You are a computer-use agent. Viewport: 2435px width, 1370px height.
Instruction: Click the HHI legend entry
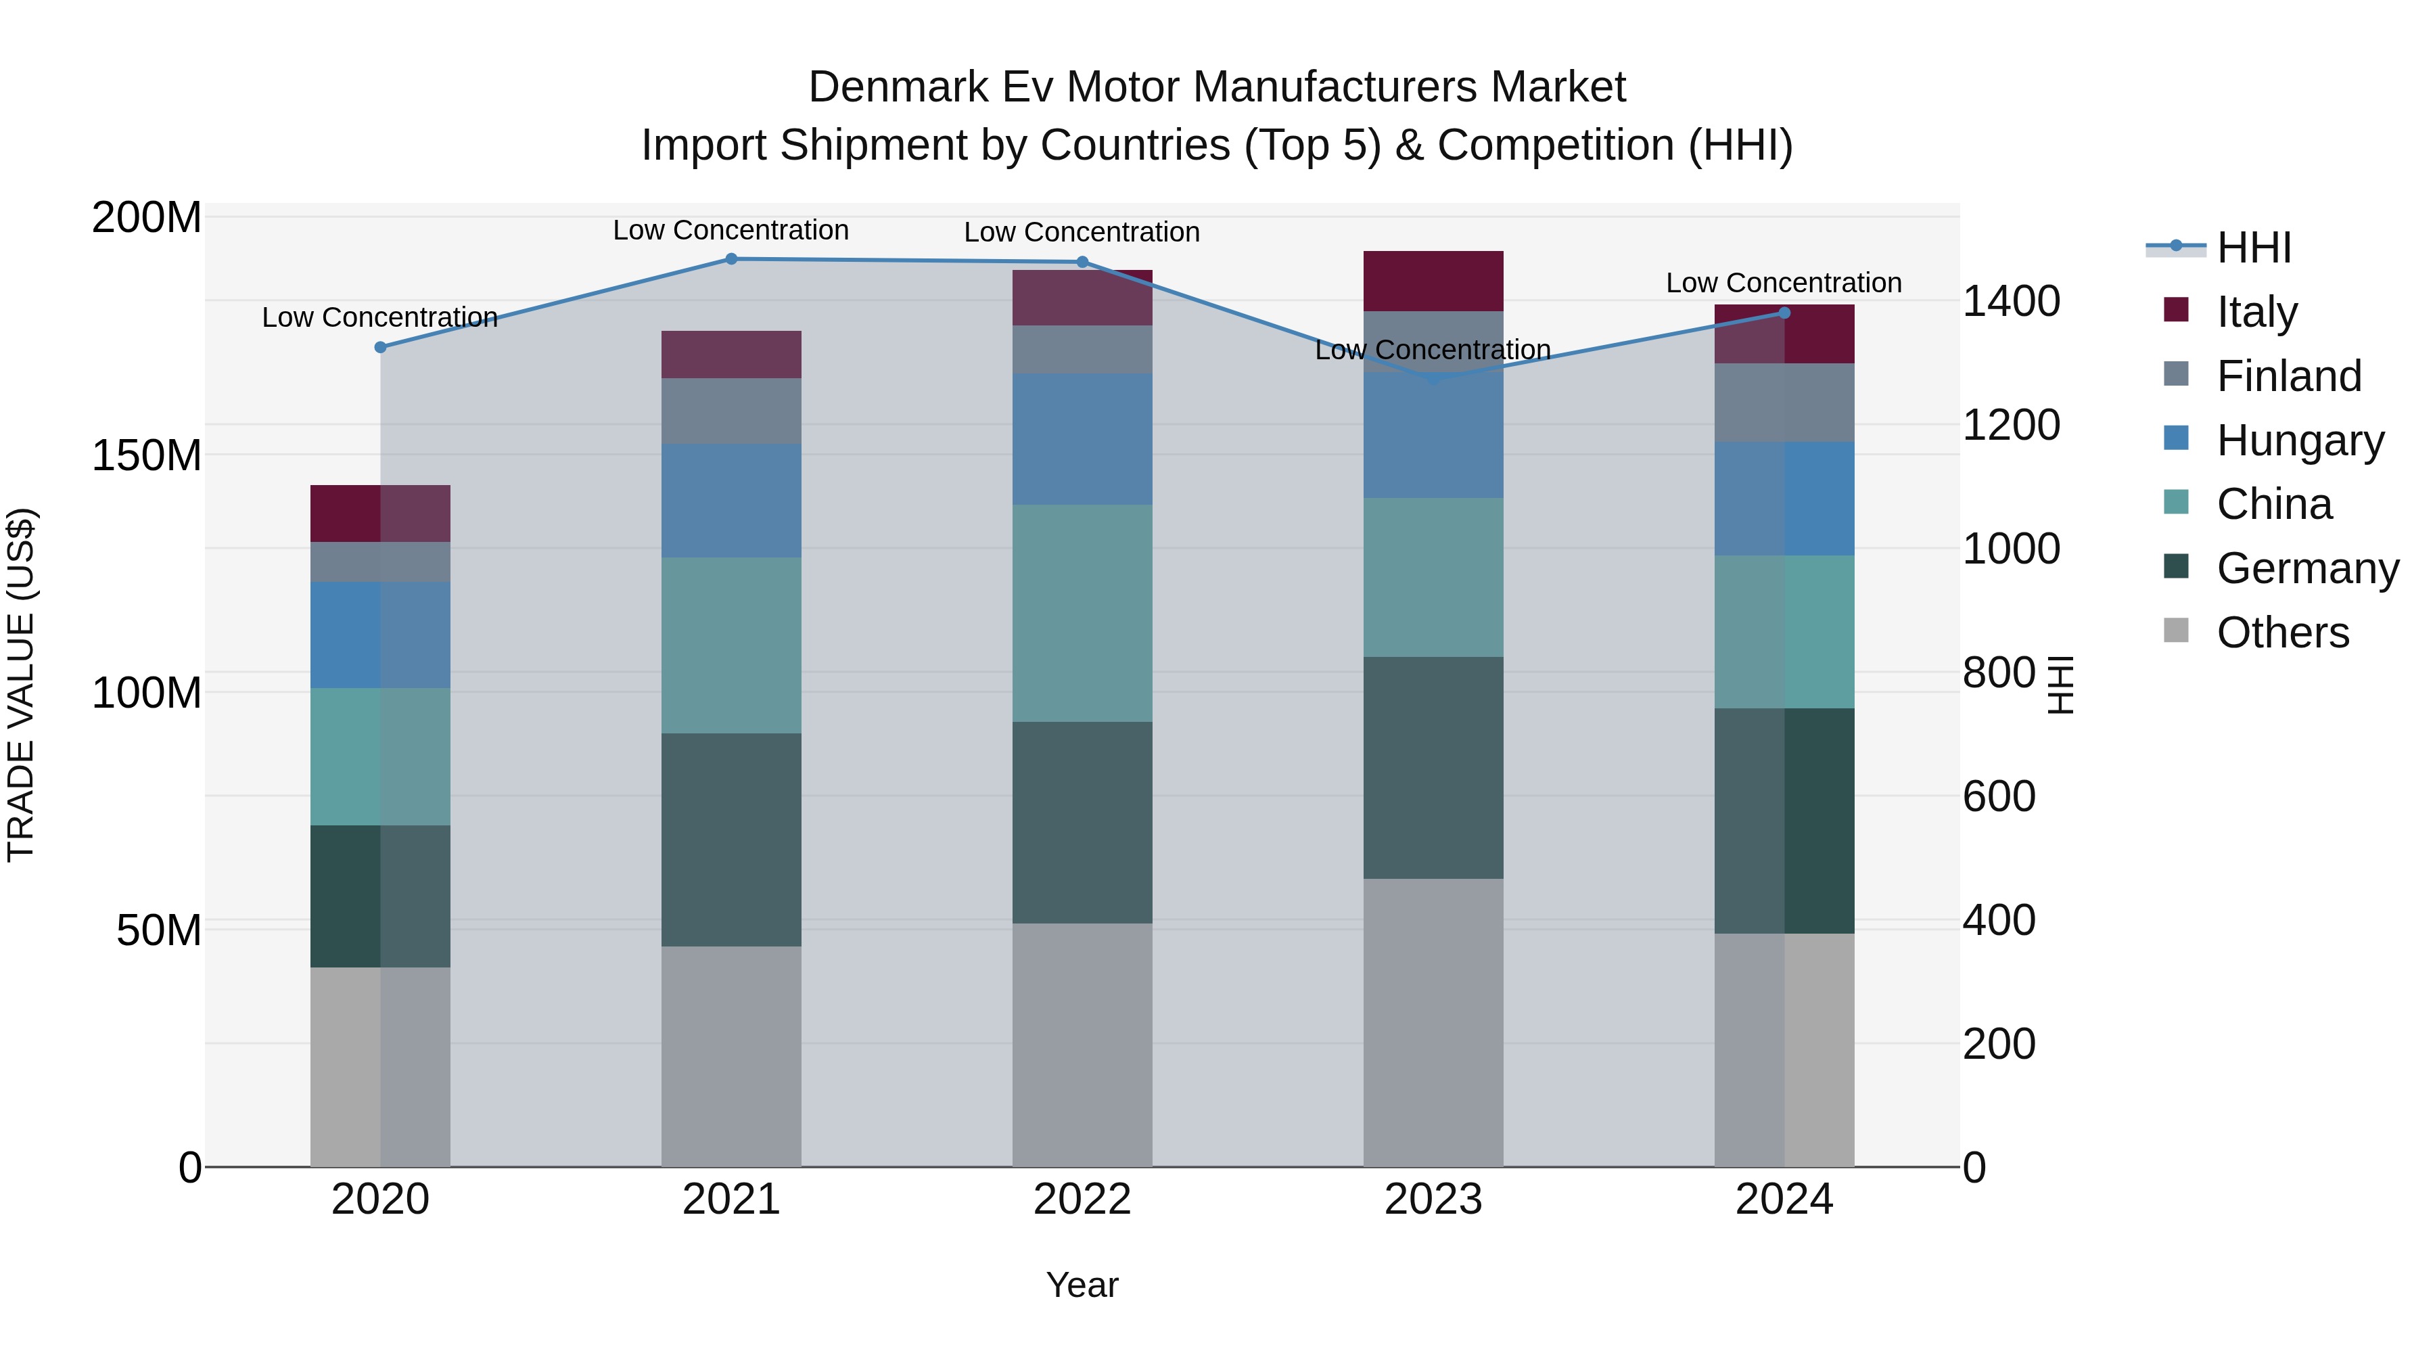point(2254,248)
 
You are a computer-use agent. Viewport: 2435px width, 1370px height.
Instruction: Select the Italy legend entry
point(2256,311)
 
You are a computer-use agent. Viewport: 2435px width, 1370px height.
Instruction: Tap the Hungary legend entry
point(2300,440)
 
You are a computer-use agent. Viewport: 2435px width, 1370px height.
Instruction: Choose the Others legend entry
point(2282,632)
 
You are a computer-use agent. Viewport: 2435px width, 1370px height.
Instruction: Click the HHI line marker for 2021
point(730,259)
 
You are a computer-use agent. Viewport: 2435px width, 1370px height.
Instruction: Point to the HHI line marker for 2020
point(380,347)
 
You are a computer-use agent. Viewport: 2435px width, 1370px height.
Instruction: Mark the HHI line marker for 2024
point(1784,313)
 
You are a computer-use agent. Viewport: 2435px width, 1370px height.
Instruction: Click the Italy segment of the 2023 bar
point(1433,281)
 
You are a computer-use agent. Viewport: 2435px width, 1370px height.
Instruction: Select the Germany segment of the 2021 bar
point(730,840)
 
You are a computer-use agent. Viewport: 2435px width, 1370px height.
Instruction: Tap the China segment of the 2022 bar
point(1082,613)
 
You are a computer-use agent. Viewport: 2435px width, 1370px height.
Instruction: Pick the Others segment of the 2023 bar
point(1433,1022)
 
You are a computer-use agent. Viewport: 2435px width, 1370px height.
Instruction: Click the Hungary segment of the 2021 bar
point(730,500)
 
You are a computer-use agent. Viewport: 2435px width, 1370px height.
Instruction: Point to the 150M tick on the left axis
point(147,456)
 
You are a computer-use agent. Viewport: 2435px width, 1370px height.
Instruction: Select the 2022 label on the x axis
point(1082,1200)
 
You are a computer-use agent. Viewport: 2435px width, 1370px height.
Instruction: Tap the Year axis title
point(1082,1285)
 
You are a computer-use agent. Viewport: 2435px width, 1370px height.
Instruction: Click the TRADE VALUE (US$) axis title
point(21,685)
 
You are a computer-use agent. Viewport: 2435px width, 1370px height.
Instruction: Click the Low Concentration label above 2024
point(1783,283)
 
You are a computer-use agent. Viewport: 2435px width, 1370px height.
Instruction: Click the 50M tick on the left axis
point(159,930)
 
